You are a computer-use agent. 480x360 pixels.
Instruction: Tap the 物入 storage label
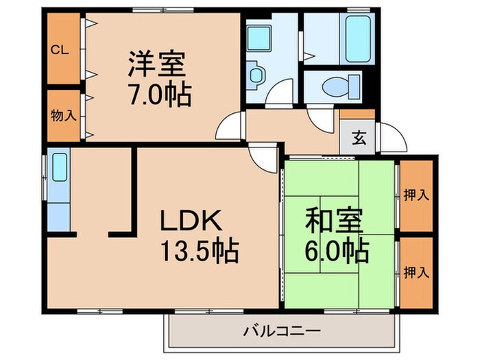tap(62, 115)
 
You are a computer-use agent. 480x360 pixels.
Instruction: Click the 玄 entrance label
tap(359, 138)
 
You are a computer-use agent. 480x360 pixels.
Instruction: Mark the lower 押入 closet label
tap(417, 273)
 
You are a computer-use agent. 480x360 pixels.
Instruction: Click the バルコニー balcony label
tap(282, 331)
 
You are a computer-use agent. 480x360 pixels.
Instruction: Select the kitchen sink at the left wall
tap(59, 167)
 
